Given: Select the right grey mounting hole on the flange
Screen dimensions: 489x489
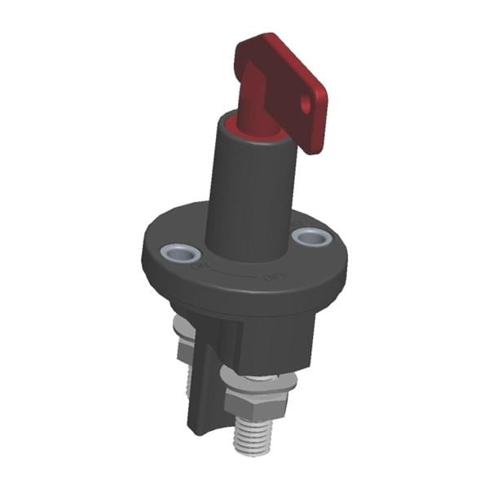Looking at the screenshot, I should (x=311, y=238).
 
